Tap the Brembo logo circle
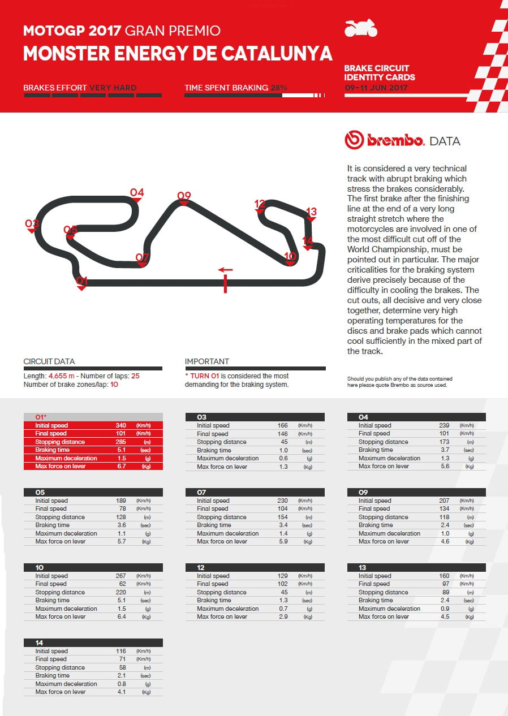click(x=354, y=140)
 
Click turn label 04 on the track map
click(x=137, y=193)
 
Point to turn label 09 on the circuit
click(x=184, y=196)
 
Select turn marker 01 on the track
click(x=81, y=281)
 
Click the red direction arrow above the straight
click(x=225, y=270)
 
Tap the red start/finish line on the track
click(x=225, y=283)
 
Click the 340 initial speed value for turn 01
click(x=120, y=425)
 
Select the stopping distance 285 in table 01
click(x=120, y=442)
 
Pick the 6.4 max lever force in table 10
click(x=120, y=616)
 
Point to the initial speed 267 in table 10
click(x=120, y=576)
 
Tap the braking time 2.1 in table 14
click(x=120, y=675)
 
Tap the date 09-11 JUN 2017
click(x=376, y=88)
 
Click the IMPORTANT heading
click(x=207, y=361)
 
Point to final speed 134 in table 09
click(x=444, y=508)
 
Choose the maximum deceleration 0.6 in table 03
click(x=283, y=458)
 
